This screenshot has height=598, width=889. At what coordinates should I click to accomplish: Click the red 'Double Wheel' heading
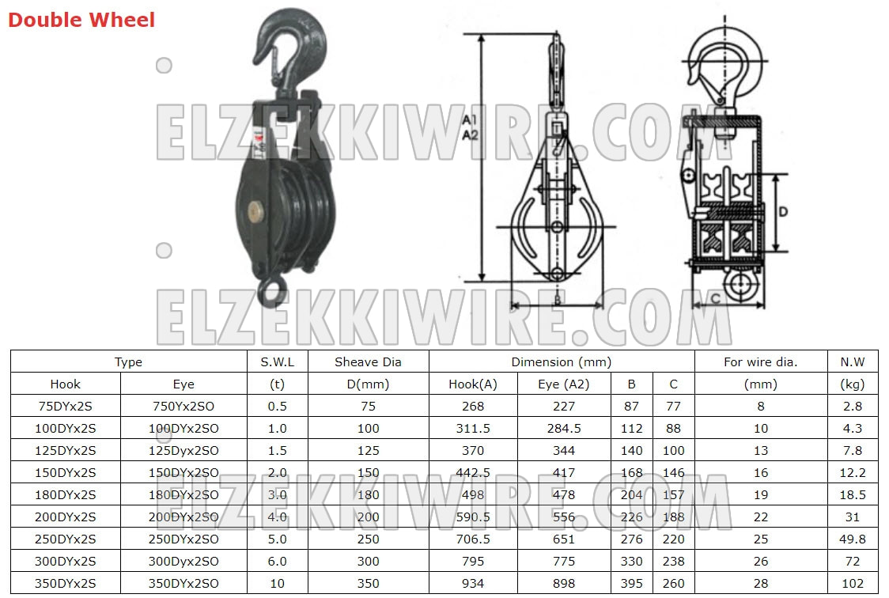[x=81, y=20]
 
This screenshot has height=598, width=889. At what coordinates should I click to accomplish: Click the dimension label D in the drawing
[x=783, y=212]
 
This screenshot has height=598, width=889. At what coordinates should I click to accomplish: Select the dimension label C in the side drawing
[x=716, y=299]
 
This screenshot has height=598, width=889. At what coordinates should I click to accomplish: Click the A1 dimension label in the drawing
[x=470, y=119]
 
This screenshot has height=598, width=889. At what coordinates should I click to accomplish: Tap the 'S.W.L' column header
[x=278, y=361]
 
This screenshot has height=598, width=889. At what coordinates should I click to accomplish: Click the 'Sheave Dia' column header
[x=368, y=361]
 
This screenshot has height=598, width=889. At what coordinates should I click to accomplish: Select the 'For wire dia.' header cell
[x=760, y=361]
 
